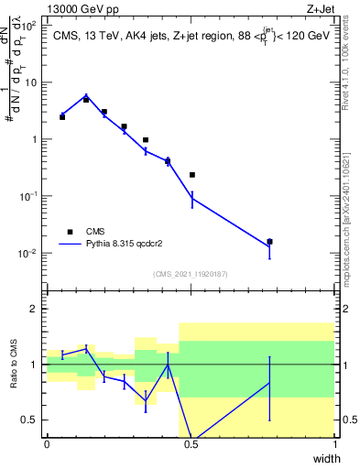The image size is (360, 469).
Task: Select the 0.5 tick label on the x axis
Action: click(x=191, y=445)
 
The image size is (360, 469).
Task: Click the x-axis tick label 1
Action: click(x=334, y=445)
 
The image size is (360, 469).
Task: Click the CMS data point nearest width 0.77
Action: click(x=269, y=242)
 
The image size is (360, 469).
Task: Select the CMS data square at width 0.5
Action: click(x=192, y=174)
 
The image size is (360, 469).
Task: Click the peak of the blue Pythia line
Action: click(x=86, y=95)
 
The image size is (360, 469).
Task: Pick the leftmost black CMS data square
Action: click(x=62, y=117)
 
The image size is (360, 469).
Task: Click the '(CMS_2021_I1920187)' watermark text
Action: click(x=191, y=274)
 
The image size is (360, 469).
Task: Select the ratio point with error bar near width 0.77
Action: click(x=269, y=382)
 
